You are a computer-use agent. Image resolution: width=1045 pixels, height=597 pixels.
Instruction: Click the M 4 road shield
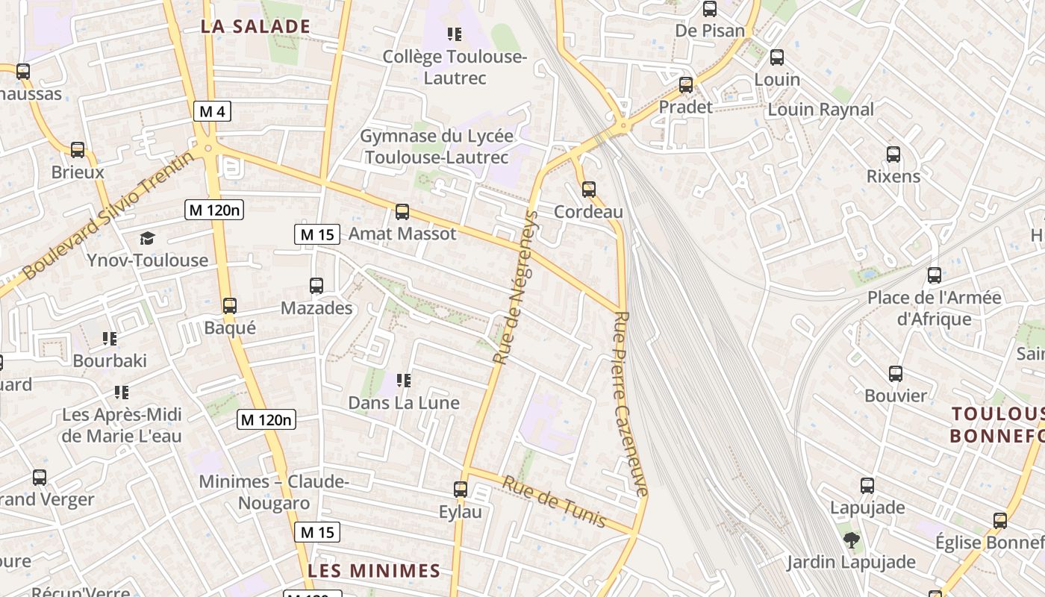(x=213, y=111)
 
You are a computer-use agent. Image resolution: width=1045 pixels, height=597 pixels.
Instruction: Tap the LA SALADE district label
(x=255, y=27)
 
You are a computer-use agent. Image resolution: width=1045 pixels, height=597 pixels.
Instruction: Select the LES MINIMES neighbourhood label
(x=374, y=571)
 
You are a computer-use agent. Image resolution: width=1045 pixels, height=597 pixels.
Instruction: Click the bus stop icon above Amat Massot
(x=402, y=211)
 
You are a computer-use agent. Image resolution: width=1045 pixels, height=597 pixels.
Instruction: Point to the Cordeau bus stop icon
(x=589, y=189)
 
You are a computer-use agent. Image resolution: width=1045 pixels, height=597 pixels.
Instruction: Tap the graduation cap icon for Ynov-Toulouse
(x=148, y=238)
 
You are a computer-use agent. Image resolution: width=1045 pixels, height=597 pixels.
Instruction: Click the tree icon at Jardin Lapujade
(x=850, y=540)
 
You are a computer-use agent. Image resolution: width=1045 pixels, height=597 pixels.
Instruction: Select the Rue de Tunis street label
(x=554, y=501)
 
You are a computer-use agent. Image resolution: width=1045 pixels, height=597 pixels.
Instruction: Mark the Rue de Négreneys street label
(x=516, y=287)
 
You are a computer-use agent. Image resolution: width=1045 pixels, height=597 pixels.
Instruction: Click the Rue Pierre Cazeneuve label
(x=631, y=403)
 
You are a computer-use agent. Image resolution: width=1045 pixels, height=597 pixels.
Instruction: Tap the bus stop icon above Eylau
(x=461, y=490)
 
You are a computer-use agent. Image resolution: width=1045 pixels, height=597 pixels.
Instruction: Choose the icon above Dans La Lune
(x=404, y=381)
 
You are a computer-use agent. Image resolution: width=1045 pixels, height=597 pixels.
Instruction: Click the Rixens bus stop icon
(x=893, y=154)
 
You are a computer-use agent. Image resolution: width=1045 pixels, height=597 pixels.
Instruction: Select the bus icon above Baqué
(x=230, y=305)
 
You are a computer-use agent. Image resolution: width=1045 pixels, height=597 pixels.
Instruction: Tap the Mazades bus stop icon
(x=316, y=285)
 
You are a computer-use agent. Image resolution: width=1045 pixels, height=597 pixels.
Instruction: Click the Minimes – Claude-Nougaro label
(x=274, y=492)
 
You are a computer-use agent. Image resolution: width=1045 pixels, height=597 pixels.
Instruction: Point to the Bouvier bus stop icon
(x=896, y=374)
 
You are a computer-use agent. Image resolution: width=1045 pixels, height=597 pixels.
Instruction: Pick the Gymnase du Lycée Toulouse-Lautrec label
(x=437, y=146)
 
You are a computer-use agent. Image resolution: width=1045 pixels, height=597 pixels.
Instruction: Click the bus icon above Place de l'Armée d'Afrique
(x=934, y=275)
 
